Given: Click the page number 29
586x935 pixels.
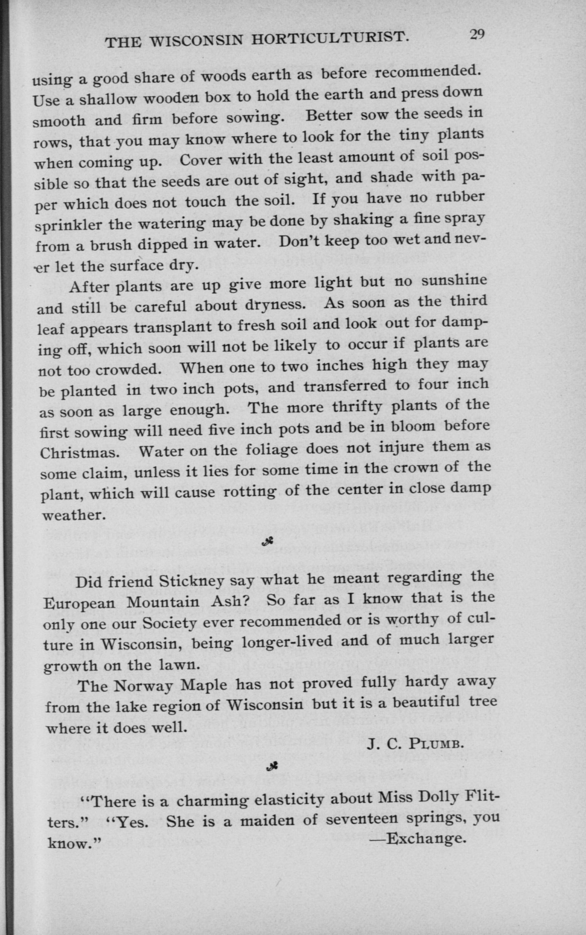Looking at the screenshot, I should coord(477,35).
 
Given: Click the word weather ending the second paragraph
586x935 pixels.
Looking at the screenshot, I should coord(73,516).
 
